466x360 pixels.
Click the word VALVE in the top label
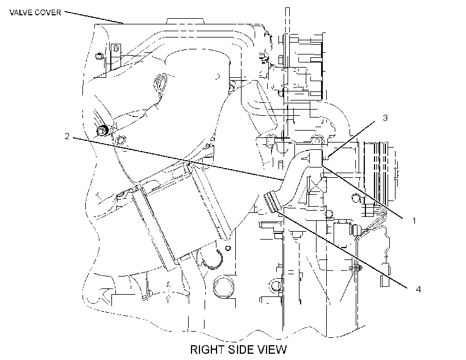coord(20,12)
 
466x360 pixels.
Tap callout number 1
coord(414,221)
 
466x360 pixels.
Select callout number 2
coord(67,136)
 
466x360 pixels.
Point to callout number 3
coord(385,118)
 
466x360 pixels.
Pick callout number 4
coord(418,289)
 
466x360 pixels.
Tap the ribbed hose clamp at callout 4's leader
coord(272,202)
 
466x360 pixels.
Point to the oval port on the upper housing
coord(160,83)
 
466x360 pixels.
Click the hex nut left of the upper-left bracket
coord(99,56)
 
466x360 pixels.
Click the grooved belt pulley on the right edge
coord(380,171)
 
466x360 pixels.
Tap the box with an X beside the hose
coord(317,184)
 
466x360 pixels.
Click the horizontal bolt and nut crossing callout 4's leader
coord(356,268)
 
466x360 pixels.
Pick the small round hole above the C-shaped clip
coord(228,248)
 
